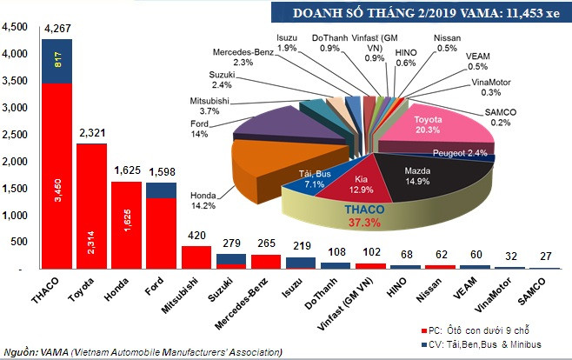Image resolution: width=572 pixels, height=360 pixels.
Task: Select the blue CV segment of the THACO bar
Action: [x=57, y=61]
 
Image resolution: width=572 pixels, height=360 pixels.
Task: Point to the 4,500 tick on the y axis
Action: [x=16, y=28]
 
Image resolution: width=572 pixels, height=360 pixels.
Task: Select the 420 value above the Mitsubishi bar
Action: [x=196, y=234]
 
